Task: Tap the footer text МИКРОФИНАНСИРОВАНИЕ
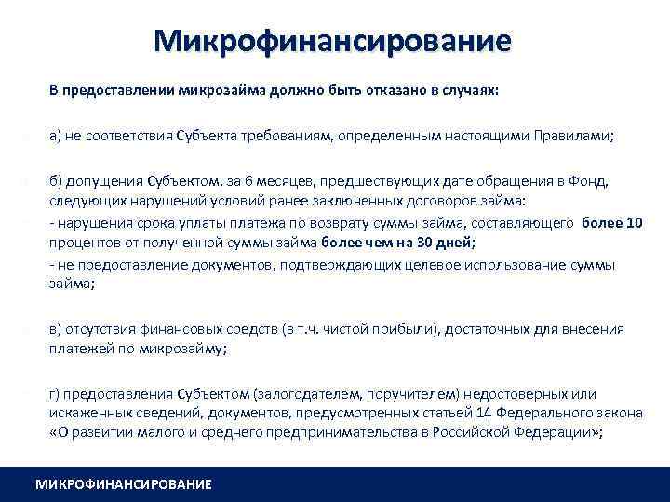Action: pos(123,484)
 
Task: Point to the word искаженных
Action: pos(85,413)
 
